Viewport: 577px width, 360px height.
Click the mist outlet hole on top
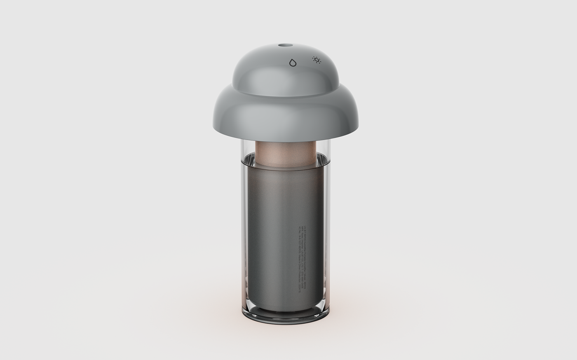click(x=284, y=44)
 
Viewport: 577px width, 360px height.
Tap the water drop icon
click(x=293, y=63)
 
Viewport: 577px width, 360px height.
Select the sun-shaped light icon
click(x=317, y=61)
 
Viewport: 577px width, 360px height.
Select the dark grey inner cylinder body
click(x=272, y=227)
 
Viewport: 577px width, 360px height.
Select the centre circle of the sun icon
click(x=317, y=61)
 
